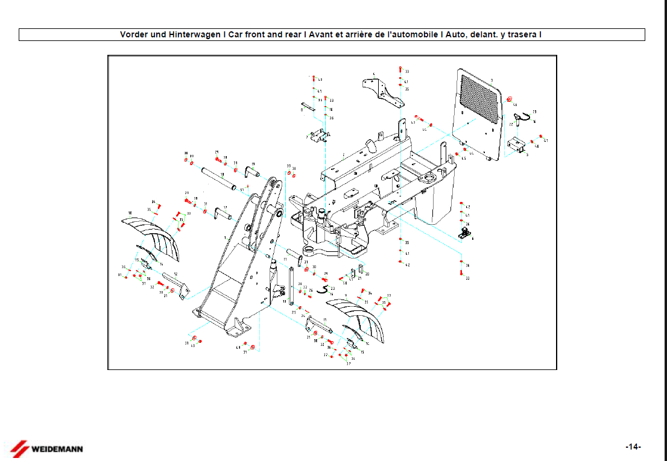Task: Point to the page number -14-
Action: coord(633,447)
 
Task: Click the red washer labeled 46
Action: coord(509,98)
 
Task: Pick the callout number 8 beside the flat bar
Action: coord(302,110)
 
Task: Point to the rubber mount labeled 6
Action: coord(466,231)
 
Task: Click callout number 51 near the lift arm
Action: coord(242,190)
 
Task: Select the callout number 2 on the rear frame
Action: coord(344,155)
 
